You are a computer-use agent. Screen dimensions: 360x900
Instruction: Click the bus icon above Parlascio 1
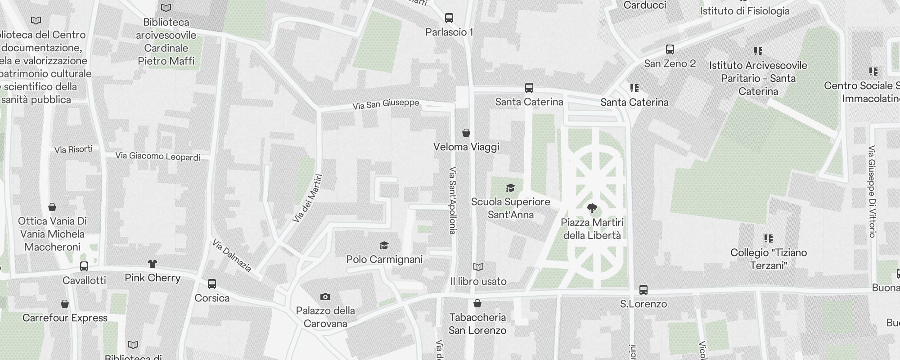(449, 18)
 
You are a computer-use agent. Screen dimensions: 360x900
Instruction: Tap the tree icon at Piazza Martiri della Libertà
(592, 208)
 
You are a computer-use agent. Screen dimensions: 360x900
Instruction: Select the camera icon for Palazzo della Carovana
(325, 297)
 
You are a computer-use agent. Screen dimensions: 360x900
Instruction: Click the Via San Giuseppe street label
(386, 104)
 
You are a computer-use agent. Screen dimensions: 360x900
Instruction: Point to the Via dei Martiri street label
(308, 198)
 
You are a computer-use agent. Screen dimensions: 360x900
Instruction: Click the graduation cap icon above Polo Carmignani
(384, 245)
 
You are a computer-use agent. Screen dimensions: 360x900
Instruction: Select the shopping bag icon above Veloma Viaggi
(466, 133)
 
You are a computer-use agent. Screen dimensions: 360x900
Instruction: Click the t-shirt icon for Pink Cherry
(153, 264)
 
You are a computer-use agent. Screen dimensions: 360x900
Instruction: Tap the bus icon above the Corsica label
(212, 284)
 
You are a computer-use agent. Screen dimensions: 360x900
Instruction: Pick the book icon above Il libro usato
(478, 267)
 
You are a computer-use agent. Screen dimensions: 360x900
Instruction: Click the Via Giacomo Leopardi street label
(157, 156)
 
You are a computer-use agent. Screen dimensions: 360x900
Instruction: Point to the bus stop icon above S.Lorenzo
(643, 290)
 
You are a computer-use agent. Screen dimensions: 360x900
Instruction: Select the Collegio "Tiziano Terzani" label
(768, 259)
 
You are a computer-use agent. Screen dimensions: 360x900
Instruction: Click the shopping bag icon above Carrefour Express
(65, 304)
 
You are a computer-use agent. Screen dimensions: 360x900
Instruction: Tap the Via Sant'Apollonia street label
(453, 201)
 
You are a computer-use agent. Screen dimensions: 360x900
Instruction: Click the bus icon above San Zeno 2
(670, 49)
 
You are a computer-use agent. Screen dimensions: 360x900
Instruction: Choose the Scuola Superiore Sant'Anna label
(511, 208)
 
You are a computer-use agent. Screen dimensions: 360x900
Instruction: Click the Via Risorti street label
(73, 149)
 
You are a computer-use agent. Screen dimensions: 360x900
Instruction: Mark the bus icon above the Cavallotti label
(84, 266)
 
